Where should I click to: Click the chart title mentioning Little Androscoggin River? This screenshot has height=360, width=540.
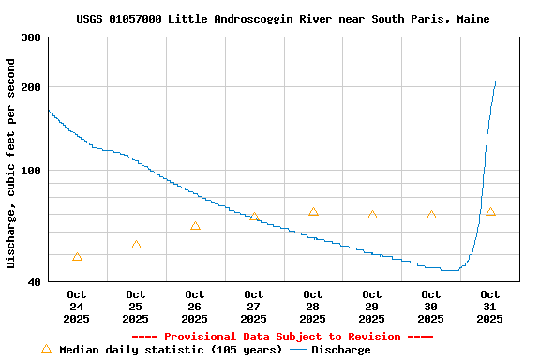pyautogui.click(x=282, y=19)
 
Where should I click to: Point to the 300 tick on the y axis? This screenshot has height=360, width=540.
pyautogui.click(x=31, y=37)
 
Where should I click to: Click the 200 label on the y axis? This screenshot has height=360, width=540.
pyautogui.click(x=31, y=87)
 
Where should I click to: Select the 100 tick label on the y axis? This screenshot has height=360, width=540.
pyautogui.click(x=31, y=171)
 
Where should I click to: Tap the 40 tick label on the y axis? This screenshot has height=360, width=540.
pyautogui.click(x=34, y=281)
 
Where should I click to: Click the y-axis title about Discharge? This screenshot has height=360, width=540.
pyautogui.click(x=11, y=163)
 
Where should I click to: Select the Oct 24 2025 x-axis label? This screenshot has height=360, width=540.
pyautogui.click(x=77, y=307)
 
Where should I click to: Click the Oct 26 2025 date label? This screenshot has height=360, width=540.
pyautogui.click(x=195, y=307)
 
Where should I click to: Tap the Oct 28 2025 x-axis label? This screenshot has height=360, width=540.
pyautogui.click(x=313, y=307)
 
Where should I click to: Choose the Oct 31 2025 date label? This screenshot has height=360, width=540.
pyautogui.click(x=490, y=307)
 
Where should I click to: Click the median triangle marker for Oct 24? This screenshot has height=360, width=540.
pyautogui.click(x=77, y=257)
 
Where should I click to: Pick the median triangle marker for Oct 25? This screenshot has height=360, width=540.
pyautogui.click(x=136, y=245)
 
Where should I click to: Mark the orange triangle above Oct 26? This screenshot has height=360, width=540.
pyautogui.click(x=195, y=226)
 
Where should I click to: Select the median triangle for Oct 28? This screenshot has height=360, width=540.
pyautogui.click(x=313, y=212)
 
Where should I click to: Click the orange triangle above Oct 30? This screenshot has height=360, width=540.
pyautogui.click(x=431, y=215)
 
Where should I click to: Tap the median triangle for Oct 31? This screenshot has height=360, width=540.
pyautogui.click(x=490, y=212)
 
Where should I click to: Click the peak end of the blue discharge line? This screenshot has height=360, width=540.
pyautogui.click(x=495, y=81)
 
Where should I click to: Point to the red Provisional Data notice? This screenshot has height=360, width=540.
pyautogui.click(x=282, y=337)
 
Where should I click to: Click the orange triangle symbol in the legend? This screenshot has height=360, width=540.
pyautogui.click(x=46, y=349)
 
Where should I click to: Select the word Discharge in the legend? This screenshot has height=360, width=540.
pyautogui.click(x=341, y=350)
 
